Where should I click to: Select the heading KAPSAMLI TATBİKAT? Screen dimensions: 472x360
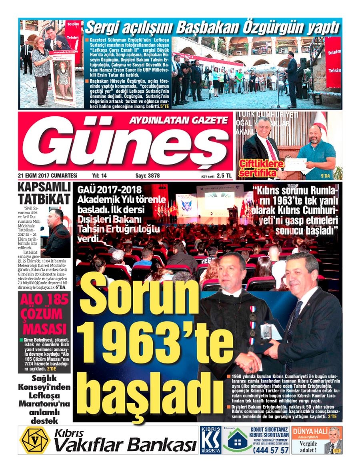[44, 193]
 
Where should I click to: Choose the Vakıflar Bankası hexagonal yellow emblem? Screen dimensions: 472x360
[35, 440]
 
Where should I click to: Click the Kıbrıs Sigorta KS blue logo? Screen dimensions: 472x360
[210, 440]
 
